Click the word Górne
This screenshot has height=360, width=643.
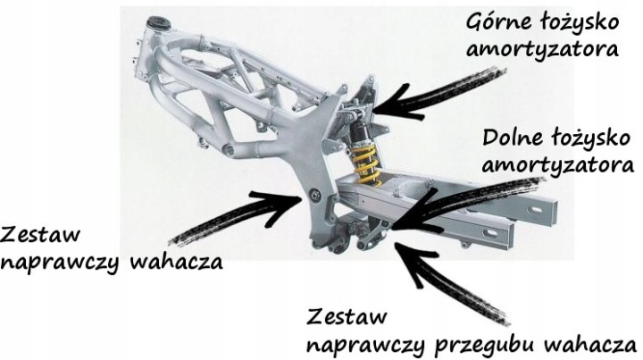click(497, 23)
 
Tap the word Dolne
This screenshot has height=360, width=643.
click(512, 138)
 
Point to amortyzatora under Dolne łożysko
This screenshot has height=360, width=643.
click(557, 165)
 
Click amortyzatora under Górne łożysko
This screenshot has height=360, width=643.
click(542, 49)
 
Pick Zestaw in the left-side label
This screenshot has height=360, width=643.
click(40, 235)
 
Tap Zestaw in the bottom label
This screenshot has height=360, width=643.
click(347, 316)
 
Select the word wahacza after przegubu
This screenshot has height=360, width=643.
click(596, 344)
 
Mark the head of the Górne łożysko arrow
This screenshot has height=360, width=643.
click(375, 110)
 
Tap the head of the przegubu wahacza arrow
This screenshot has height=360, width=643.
click(397, 245)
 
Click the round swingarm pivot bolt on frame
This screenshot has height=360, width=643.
click(315, 194)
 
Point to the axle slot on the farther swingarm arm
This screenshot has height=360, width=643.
click(535, 210)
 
